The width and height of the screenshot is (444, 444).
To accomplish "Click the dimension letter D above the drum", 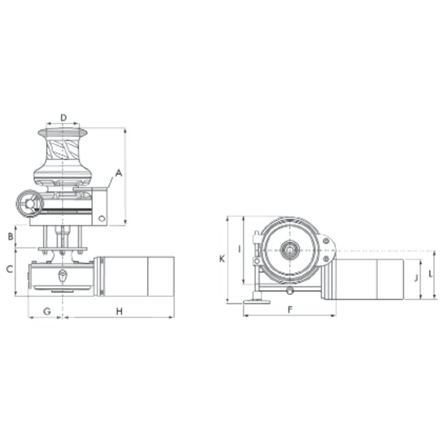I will (63, 118).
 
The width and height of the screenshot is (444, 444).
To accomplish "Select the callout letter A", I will (118, 174).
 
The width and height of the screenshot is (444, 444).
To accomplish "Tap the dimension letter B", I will (10, 236).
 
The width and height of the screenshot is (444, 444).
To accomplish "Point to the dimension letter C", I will (10, 269).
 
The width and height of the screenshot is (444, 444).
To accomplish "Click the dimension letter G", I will (46, 311).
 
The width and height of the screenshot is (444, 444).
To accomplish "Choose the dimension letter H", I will (118, 311).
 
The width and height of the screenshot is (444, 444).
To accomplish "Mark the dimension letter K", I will (222, 259).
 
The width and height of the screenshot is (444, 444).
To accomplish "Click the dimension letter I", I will (238, 248).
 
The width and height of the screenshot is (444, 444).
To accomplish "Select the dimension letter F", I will (290, 310).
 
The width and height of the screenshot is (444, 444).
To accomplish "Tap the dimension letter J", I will (415, 278).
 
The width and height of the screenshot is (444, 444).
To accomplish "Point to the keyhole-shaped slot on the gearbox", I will (63, 276).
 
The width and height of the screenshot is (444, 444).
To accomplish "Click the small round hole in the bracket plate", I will (102, 218).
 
